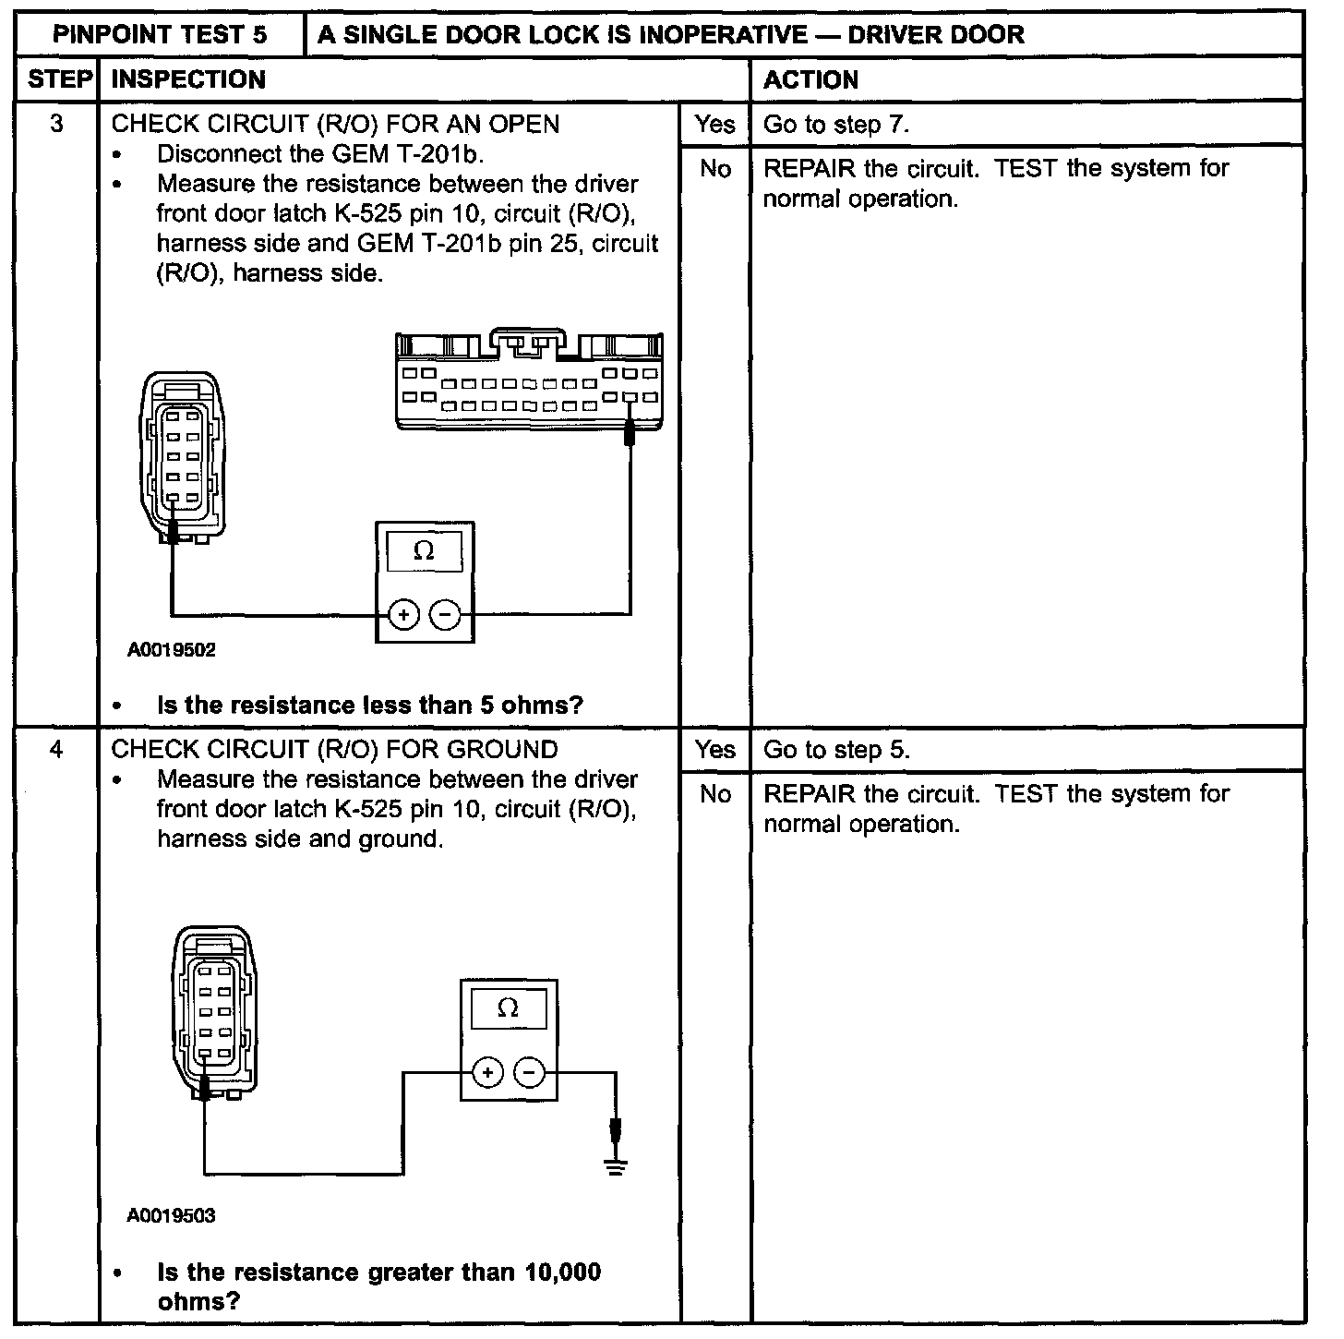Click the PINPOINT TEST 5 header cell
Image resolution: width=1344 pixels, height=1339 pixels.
160,35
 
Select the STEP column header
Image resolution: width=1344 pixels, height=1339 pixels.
56,79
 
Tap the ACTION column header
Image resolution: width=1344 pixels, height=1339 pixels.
810,79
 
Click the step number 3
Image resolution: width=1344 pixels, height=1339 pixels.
56,124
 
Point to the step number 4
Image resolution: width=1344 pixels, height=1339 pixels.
56,749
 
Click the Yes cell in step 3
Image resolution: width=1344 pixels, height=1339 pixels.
715,125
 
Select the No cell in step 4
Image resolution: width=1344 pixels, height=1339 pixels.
715,794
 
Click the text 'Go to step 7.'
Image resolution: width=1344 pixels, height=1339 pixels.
836,125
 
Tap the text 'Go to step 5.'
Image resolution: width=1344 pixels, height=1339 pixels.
836,750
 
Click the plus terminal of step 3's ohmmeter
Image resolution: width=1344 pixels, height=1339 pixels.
403,614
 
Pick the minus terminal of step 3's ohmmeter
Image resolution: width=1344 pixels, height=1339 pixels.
446,614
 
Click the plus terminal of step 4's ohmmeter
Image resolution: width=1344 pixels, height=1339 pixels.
487,1072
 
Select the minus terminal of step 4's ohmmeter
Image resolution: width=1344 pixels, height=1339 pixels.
530,1072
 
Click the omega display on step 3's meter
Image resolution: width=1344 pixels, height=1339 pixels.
425,551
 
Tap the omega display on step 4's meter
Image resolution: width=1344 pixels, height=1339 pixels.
509,1008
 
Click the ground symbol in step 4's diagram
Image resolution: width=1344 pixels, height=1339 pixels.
616,1166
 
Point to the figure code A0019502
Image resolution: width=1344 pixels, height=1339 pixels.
172,650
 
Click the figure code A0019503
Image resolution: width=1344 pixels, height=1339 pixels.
172,1216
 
